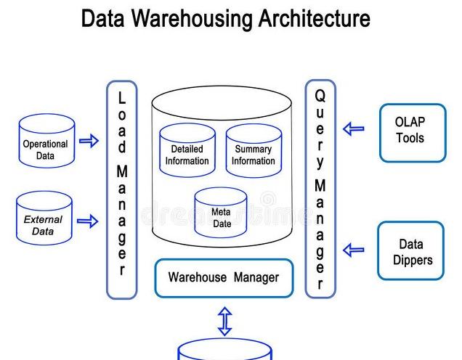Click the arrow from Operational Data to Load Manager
pyautogui.click(x=89, y=141)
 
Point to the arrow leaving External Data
pyautogui.click(x=88, y=221)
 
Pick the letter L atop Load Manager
pyautogui.click(x=122, y=97)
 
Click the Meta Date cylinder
pyautogui.click(x=221, y=214)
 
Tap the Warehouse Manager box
pyautogui.click(x=224, y=278)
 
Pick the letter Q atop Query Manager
pyautogui.click(x=320, y=96)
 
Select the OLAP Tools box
pyautogui.click(x=412, y=132)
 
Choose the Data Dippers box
pyautogui.click(x=410, y=251)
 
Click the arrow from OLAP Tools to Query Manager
pyautogui.click(x=354, y=129)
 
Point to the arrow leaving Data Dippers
pyautogui.click(x=354, y=250)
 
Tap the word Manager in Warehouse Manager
pyautogui.click(x=256, y=277)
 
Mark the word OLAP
pyautogui.click(x=410, y=123)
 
